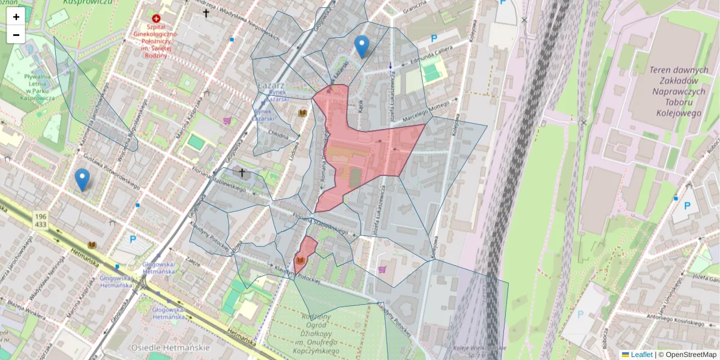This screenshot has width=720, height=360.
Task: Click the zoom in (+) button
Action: point(16,17)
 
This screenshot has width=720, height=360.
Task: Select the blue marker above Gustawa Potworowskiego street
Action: point(82,179)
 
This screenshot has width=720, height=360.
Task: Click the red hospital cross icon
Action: point(157,19)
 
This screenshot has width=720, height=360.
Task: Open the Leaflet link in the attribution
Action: point(641,355)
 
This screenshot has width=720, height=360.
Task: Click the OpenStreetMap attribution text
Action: point(687,355)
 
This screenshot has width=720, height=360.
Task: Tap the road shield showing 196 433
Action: point(41,220)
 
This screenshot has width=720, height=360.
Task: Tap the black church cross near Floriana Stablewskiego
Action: point(242,173)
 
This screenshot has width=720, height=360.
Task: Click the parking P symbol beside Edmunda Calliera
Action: point(434,38)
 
